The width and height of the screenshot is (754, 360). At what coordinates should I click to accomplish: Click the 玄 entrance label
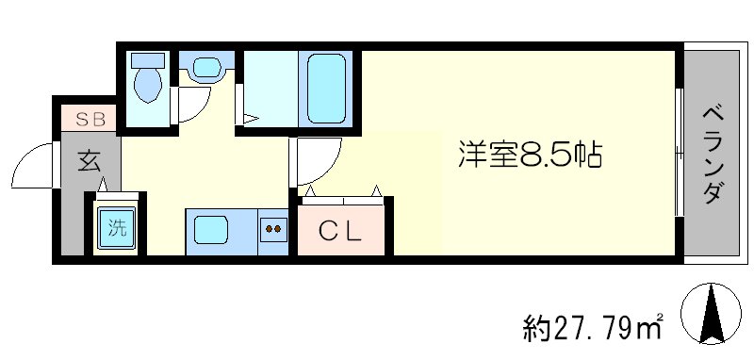click(89, 161)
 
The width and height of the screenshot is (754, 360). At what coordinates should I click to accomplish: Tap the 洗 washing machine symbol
click(115, 226)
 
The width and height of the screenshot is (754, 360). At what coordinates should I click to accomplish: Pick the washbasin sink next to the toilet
click(205, 68)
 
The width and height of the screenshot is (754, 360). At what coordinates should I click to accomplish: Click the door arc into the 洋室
click(313, 161)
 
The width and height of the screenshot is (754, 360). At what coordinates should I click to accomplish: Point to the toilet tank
click(146, 59)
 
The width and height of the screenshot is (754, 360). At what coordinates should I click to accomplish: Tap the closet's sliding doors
click(342, 200)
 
